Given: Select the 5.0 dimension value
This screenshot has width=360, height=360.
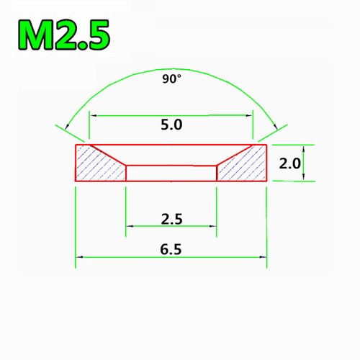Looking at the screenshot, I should click(172, 124).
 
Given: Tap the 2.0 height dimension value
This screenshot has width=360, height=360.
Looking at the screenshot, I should click(289, 163).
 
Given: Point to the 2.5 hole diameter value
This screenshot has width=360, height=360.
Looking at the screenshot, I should click(171, 218).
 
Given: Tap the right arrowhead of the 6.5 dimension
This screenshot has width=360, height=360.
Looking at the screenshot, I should click(263, 256).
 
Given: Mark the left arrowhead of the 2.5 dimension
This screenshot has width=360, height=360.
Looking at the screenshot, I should click(130, 228).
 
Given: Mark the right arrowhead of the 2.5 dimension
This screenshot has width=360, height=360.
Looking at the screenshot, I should click(212, 228).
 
